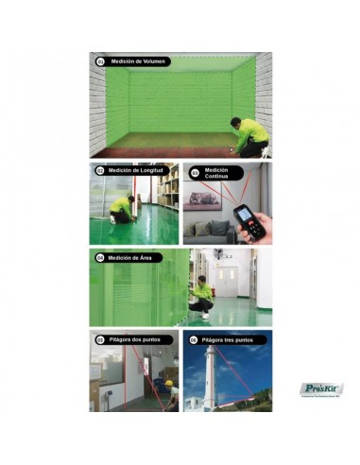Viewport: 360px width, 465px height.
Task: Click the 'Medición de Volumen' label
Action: click(138, 61)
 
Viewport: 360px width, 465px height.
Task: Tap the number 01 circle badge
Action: click(100, 61)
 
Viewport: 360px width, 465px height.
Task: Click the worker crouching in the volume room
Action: click(251, 135)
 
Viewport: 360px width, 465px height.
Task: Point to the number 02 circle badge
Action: click(99, 171)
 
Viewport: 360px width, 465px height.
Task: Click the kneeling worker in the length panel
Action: click(121, 208)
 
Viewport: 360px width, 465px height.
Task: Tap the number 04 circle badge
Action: click(99, 257)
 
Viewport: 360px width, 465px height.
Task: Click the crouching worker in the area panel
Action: click(201, 297)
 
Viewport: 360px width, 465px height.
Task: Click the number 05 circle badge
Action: click(99, 339)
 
